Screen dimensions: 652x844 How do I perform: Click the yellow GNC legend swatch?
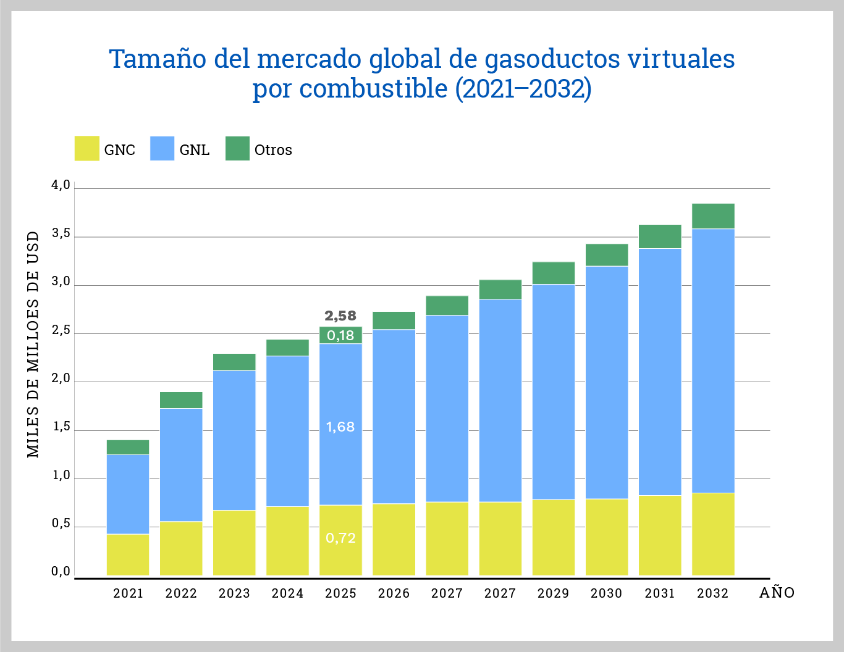coord(87,149)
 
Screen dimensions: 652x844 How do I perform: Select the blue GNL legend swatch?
coord(162,149)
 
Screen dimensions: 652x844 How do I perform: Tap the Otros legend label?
coord(273,150)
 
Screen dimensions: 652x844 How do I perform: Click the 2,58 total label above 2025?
coord(340,316)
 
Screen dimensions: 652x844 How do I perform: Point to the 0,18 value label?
coord(340,335)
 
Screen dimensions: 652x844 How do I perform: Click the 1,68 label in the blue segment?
coord(340,427)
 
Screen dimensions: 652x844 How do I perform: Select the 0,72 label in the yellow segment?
coord(340,538)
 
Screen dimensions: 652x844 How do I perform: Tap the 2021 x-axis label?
coord(128,593)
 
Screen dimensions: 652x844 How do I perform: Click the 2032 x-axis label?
coord(713,593)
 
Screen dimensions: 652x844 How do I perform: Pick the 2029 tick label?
coord(553,593)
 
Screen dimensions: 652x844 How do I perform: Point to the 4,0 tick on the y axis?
coord(61,185)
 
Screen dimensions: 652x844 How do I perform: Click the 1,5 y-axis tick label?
coord(61,427)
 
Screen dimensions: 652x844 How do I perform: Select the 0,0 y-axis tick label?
coord(61,572)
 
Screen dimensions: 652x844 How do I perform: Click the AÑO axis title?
coord(777,593)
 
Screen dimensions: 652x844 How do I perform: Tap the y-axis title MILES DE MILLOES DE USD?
coord(33,345)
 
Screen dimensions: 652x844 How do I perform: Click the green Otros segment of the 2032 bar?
coord(713,216)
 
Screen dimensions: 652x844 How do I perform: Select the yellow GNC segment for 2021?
coord(128,554)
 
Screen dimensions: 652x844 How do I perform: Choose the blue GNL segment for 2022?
coord(181,464)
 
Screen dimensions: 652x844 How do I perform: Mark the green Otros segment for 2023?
coord(234,362)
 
